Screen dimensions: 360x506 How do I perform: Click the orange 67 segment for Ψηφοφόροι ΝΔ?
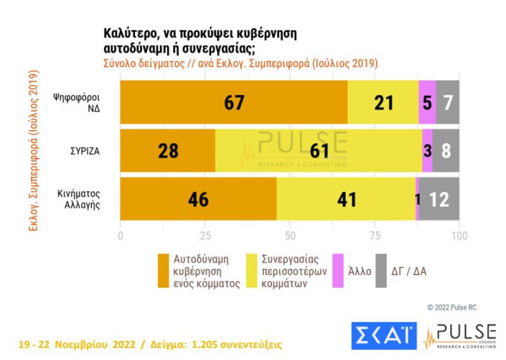(234, 102)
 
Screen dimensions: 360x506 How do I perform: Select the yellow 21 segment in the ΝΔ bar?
(383, 102)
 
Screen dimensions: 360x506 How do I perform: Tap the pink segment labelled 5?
(427, 102)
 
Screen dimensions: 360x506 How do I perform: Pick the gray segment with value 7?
(447, 102)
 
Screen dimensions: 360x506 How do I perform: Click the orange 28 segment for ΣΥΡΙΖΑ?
(167, 151)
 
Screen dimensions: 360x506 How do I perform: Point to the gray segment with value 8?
(446, 151)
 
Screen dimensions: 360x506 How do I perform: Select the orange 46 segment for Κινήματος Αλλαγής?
(198, 199)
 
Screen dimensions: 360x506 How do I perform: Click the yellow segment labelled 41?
(347, 199)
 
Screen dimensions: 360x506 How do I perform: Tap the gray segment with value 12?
(439, 199)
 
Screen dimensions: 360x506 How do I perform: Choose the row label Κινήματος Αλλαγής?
(79, 199)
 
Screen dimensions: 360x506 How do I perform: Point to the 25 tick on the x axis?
(205, 236)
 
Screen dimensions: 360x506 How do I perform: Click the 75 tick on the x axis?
(374, 236)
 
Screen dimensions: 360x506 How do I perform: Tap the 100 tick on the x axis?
(459, 236)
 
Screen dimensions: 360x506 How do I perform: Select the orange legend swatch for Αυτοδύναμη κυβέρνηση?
(163, 271)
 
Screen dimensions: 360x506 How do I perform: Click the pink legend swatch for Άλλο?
(338, 271)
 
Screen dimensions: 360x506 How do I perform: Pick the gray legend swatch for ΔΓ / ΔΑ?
(381, 271)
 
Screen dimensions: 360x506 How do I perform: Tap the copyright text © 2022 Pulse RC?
(452, 308)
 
